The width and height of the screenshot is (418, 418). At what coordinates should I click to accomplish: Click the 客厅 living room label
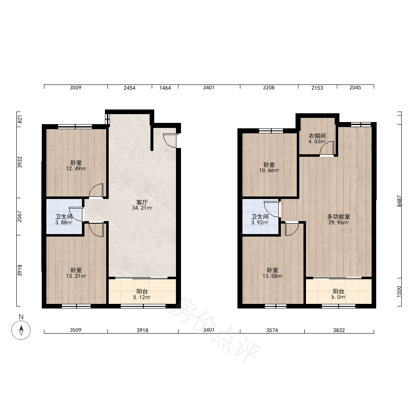click(142, 202)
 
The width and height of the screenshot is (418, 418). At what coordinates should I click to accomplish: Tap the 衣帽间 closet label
click(317, 136)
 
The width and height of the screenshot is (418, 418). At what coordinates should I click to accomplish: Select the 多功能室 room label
click(339, 217)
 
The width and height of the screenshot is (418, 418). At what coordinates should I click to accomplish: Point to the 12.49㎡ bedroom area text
click(76, 168)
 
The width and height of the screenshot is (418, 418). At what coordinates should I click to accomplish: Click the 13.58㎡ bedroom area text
click(272, 276)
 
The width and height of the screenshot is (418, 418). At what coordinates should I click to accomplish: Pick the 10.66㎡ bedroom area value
click(269, 171)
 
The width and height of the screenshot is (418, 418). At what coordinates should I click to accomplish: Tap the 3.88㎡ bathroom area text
click(64, 223)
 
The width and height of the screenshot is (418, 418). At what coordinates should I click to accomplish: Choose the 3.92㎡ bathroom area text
click(260, 223)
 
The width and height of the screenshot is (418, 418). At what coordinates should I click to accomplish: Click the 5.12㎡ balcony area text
click(142, 297)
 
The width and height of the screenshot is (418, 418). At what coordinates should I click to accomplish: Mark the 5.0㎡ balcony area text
click(339, 297)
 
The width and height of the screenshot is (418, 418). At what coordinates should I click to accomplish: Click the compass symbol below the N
click(21, 330)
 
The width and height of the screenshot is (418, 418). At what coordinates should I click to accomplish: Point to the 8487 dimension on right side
click(399, 201)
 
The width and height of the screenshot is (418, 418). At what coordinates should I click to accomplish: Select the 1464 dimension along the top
click(165, 88)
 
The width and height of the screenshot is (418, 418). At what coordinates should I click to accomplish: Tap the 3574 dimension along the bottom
click(272, 330)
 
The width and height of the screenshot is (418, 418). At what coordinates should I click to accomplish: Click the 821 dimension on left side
click(20, 119)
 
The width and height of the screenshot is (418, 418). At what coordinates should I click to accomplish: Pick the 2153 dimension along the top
click(317, 88)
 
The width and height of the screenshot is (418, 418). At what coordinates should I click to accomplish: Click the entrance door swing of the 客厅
click(170, 140)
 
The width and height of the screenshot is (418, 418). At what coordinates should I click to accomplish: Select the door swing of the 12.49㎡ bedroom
click(96, 191)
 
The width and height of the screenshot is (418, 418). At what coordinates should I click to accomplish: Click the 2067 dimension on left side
click(20, 217)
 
